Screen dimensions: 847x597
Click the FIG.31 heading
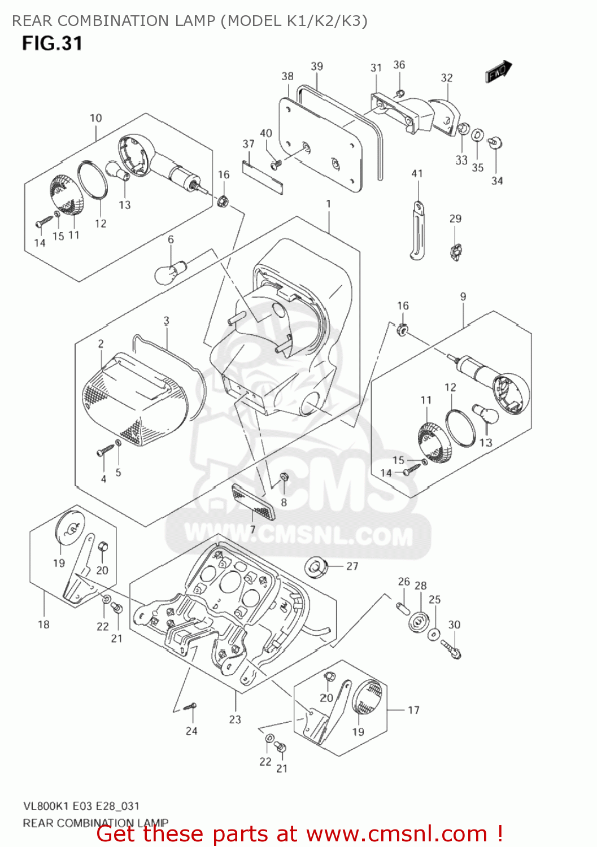click(x=52, y=43)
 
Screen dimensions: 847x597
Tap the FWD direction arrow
click(x=498, y=72)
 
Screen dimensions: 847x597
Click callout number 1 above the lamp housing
click(x=328, y=204)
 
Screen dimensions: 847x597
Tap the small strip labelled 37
click(x=262, y=177)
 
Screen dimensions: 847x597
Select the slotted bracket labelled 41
click(x=417, y=230)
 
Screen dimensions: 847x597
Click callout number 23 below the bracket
click(x=235, y=719)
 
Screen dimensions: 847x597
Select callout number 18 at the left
click(x=43, y=625)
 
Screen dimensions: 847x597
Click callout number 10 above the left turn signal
click(x=96, y=118)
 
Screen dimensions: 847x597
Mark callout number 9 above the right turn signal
click(x=463, y=296)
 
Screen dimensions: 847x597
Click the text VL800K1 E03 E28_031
click(x=81, y=806)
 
